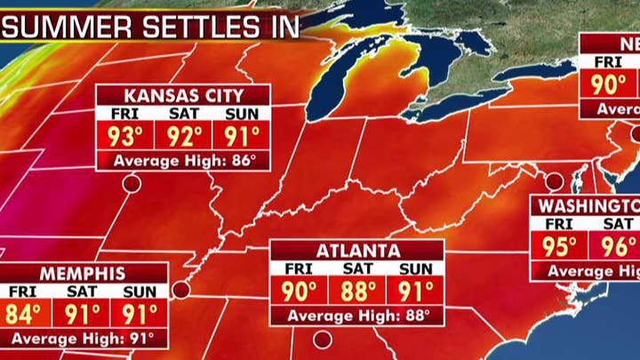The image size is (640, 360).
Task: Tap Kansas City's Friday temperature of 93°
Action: [125, 137]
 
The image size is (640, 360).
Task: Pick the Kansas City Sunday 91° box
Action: [242, 137]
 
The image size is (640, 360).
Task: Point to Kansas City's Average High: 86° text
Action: [184, 161]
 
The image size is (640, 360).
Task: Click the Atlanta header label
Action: [356, 251]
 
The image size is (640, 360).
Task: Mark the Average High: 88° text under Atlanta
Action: [357, 316]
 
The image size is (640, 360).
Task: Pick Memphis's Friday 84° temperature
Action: [25, 314]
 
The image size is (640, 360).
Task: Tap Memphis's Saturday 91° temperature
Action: [81, 314]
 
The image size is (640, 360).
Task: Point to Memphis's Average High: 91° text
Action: [82, 339]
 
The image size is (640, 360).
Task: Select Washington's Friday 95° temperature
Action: [559, 246]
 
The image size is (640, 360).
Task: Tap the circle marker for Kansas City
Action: [132, 184]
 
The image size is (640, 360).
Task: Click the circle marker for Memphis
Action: [181, 290]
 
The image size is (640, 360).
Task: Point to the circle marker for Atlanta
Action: [322, 339]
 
